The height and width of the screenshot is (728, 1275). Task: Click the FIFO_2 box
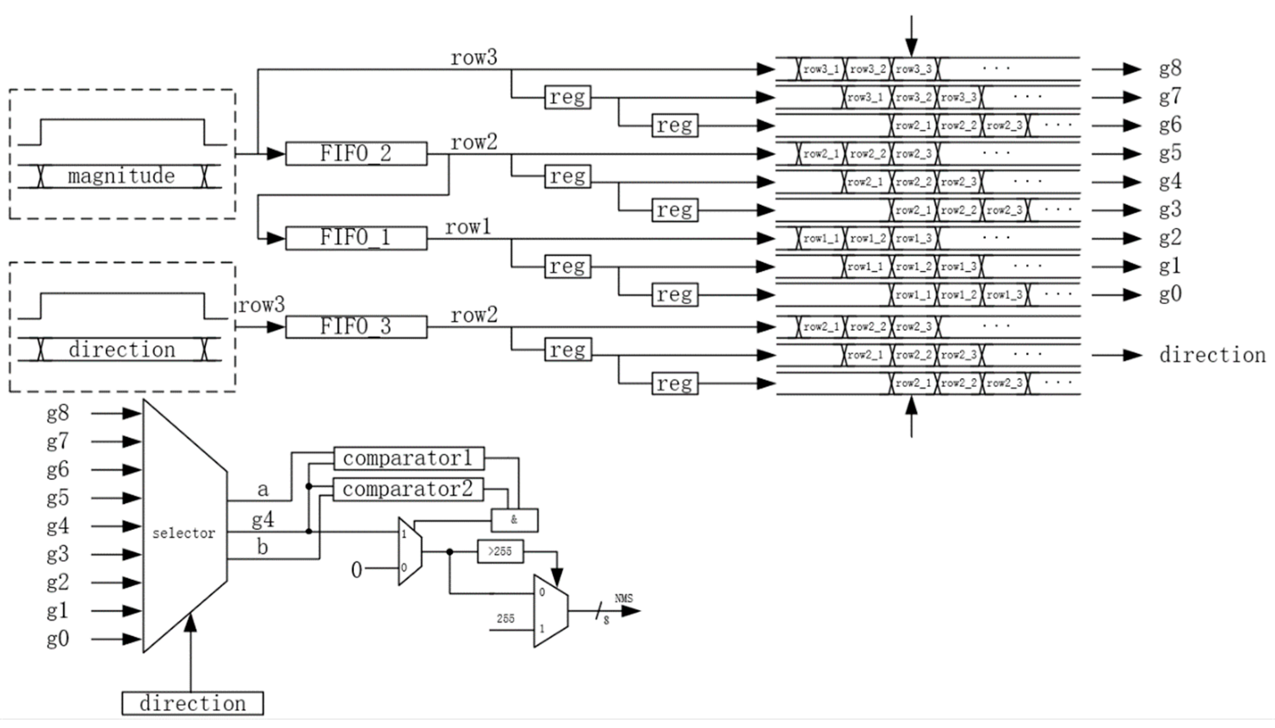tap(356, 154)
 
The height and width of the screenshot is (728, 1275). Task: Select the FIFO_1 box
tap(356, 238)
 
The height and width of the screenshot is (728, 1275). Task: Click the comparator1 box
tap(408, 458)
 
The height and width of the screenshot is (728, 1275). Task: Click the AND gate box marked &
tap(514, 520)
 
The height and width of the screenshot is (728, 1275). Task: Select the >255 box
tap(500, 551)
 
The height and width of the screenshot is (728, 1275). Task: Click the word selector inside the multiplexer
tap(183, 533)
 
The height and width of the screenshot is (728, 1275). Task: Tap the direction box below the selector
tap(192, 703)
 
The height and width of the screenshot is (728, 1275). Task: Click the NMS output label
tap(623, 598)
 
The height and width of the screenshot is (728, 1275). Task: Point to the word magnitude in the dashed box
tap(121, 176)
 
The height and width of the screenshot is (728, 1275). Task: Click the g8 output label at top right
tap(1170, 68)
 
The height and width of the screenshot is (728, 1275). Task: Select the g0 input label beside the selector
tap(58, 639)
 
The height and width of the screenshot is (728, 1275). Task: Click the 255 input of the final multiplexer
tap(505, 619)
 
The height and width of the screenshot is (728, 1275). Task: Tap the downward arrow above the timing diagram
tap(912, 37)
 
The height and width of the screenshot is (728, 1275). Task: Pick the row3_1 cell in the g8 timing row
tap(821, 69)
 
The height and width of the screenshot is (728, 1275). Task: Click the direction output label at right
tap(1212, 355)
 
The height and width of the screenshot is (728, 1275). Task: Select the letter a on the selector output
tap(263, 489)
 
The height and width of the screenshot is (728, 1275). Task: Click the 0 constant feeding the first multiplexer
tap(356, 570)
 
